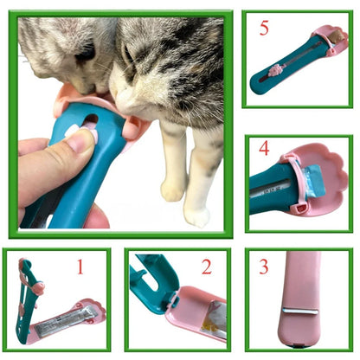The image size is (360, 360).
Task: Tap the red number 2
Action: pos(207,266)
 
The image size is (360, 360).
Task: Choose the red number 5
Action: pos(264,28)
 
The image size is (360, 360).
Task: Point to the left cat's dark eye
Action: pos(85,54)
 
